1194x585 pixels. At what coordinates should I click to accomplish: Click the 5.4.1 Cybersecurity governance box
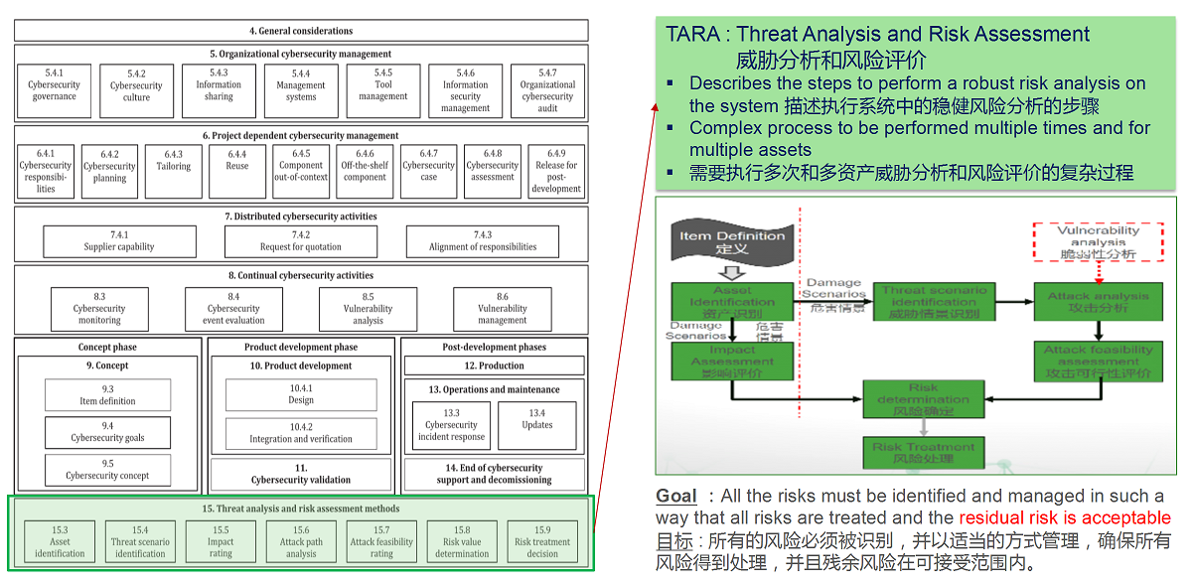[54, 91]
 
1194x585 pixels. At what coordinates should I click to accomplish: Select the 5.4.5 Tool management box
[383, 91]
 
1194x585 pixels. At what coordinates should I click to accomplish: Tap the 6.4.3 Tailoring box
[174, 171]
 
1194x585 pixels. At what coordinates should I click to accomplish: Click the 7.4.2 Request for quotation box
[301, 241]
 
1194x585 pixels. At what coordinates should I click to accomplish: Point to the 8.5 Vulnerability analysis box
[368, 309]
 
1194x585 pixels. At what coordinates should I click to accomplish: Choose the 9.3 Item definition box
[107, 395]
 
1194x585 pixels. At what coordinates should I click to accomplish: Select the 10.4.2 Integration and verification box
[301, 433]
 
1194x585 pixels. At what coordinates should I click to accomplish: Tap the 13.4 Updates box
[537, 425]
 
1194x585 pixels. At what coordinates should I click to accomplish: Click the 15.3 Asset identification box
[60, 542]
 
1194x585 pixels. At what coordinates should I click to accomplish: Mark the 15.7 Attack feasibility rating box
[381, 542]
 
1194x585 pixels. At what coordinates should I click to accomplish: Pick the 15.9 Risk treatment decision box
[542, 542]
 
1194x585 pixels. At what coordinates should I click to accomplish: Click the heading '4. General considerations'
[301, 31]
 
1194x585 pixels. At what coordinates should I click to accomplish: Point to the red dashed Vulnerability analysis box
[1098, 241]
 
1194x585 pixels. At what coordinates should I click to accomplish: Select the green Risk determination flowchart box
[923, 399]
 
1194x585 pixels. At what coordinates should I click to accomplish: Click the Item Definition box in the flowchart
[732, 241]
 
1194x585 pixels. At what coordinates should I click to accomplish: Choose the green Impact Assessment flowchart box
[731, 362]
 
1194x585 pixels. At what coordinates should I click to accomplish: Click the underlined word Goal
[675, 496]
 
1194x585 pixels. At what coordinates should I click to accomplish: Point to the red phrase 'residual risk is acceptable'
[1065, 517]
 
